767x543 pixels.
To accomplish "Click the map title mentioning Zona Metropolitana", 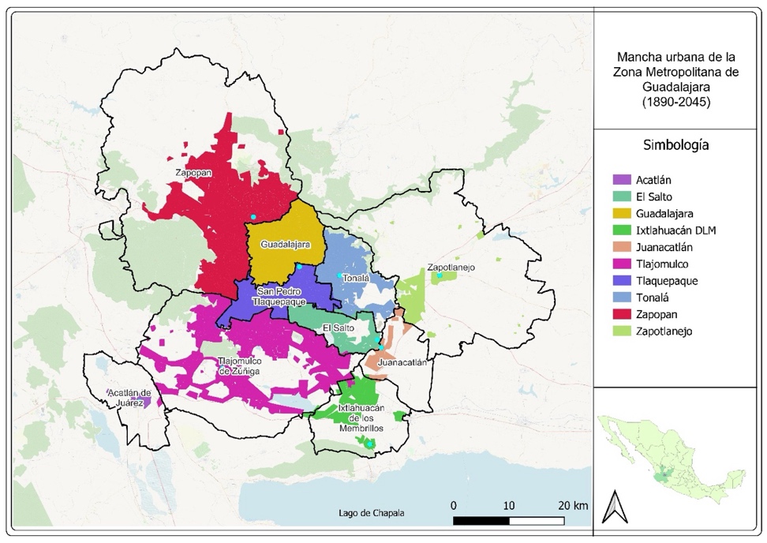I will coord(678,80).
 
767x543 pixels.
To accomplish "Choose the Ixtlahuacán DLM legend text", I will coord(678,230).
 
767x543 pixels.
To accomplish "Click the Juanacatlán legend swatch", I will coord(623,248).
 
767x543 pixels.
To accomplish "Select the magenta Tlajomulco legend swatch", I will coord(623,264).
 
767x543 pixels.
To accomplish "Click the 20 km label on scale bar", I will coord(571,504).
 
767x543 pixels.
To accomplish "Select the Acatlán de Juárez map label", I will coord(129,397).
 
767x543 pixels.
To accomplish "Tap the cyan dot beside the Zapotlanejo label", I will coord(440,275).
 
